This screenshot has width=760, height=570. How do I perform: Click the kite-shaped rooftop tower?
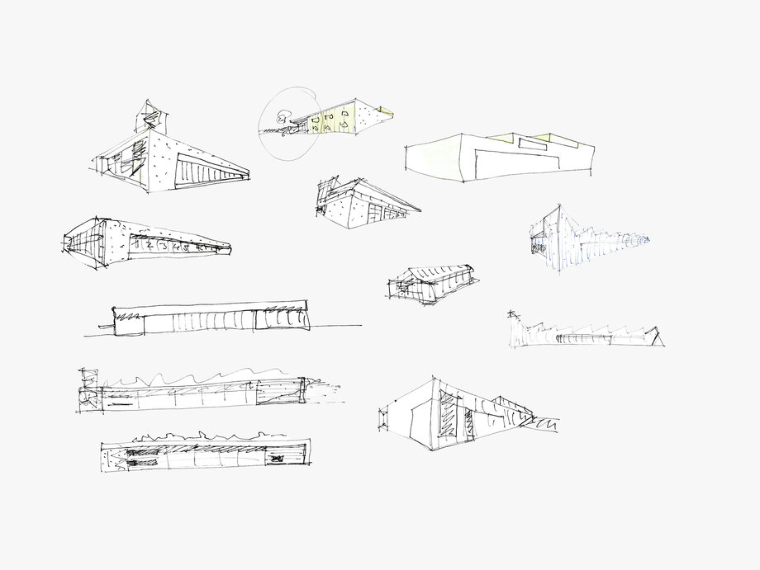pos(151,116)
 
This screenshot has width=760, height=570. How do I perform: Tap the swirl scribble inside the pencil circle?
pos(283,118)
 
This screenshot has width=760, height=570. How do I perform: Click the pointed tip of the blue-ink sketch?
pos(648,240)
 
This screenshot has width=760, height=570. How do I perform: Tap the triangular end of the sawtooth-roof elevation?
pos(658,337)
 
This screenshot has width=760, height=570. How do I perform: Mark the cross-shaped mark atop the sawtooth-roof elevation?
pos(512,314)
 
